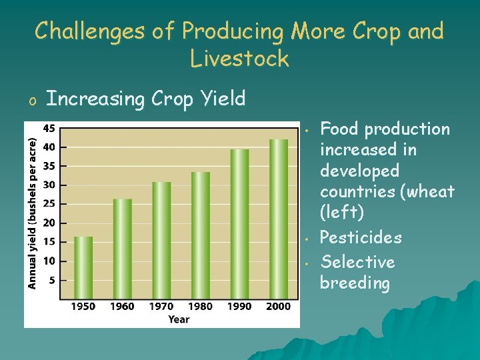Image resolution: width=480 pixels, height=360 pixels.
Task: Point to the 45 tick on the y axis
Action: (50, 128)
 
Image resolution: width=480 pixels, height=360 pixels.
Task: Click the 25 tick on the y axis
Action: (50, 204)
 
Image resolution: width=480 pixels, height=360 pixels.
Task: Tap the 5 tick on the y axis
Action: (52, 280)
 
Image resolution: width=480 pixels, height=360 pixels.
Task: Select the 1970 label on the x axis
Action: (161, 307)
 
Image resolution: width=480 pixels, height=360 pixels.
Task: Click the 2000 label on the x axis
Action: (279, 307)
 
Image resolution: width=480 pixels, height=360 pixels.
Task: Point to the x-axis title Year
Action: (179, 319)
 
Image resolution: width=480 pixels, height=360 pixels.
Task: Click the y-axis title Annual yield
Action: (31, 213)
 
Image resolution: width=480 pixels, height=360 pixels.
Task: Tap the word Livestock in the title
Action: (239, 59)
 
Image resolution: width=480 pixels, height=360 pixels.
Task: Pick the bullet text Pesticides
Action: (361, 237)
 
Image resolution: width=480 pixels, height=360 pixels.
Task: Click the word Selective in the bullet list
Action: (357, 262)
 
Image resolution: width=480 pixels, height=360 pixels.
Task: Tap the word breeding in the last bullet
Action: (355, 283)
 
